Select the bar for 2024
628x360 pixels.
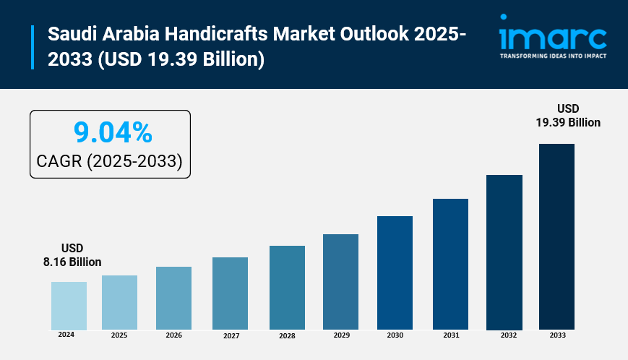click(x=69, y=306)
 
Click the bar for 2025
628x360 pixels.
click(x=119, y=303)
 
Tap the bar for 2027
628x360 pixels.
click(x=230, y=293)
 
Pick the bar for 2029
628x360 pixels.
click(x=340, y=282)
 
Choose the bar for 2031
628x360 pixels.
click(x=450, y=264)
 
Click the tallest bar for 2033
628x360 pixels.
click(x=556, y=236)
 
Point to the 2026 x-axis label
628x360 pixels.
click(x=173, y=335)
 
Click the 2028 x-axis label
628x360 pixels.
click(x=287, y=336)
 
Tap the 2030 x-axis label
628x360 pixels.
click(x=395, y=335)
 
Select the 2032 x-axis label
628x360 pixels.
click(x=508, y=335)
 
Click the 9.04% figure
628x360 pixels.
click(x=113, y=133)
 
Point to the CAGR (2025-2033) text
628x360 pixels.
click(x=109, y=161)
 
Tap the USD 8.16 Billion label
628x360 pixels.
click(x=72, y=254)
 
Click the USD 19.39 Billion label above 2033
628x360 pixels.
click(x=567, y=116)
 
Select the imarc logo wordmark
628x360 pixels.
click(x=553, y=36)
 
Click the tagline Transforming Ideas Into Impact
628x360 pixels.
click(x=553, y=55)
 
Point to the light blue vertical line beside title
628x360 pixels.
click(x=33, y=47)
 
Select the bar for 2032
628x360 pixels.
click(x=504, y=252)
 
